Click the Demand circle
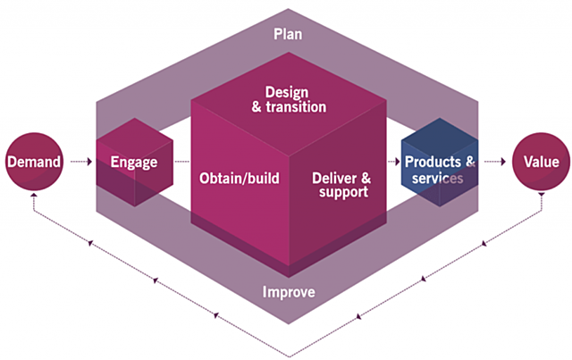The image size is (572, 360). [35, 162]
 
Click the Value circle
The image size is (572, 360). [542, 162]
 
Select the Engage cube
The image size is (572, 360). [133, 162]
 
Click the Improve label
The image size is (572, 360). [287, 292]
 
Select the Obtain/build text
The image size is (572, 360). [239, 178]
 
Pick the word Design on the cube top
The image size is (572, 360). [288, 91]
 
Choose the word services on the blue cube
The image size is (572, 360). [433, 178]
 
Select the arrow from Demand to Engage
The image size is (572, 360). [81, 162]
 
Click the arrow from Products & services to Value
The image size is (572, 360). [494, 162]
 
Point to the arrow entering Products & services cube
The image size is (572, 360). [393, 162]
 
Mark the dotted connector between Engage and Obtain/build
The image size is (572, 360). [181, 162]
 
